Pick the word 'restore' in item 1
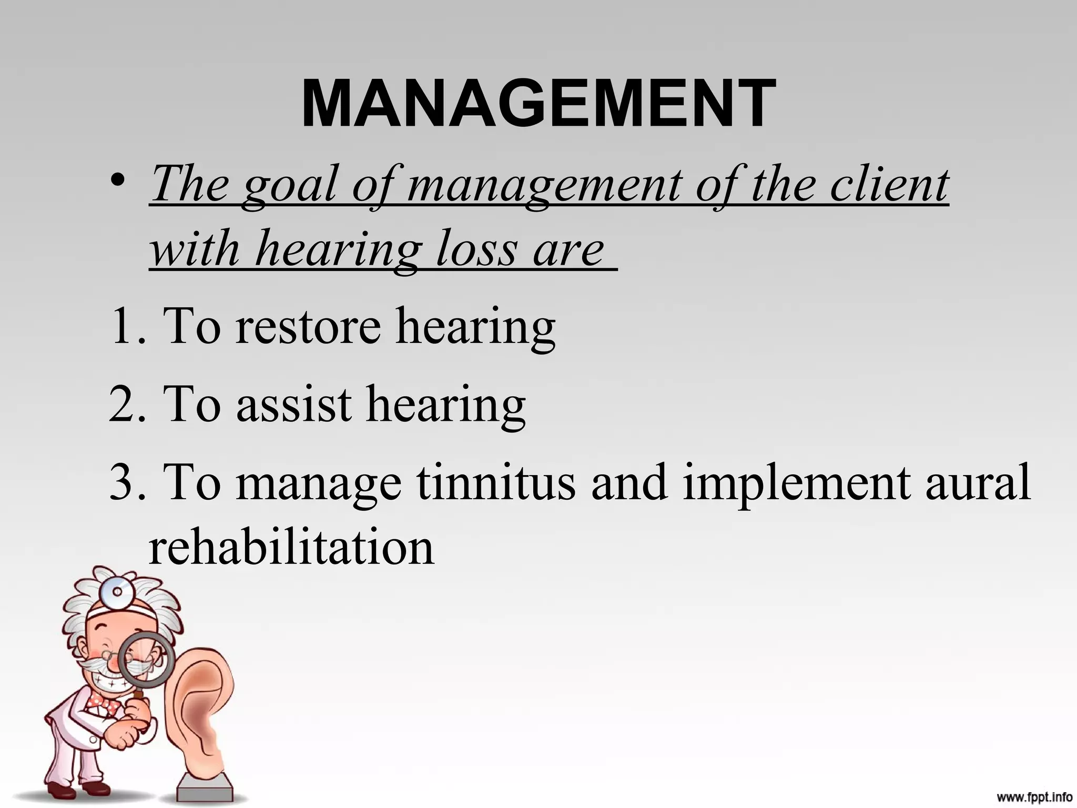click(x=308, y=326)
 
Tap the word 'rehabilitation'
click(x=291, y=547)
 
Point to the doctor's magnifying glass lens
click(x=146, y=660)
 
